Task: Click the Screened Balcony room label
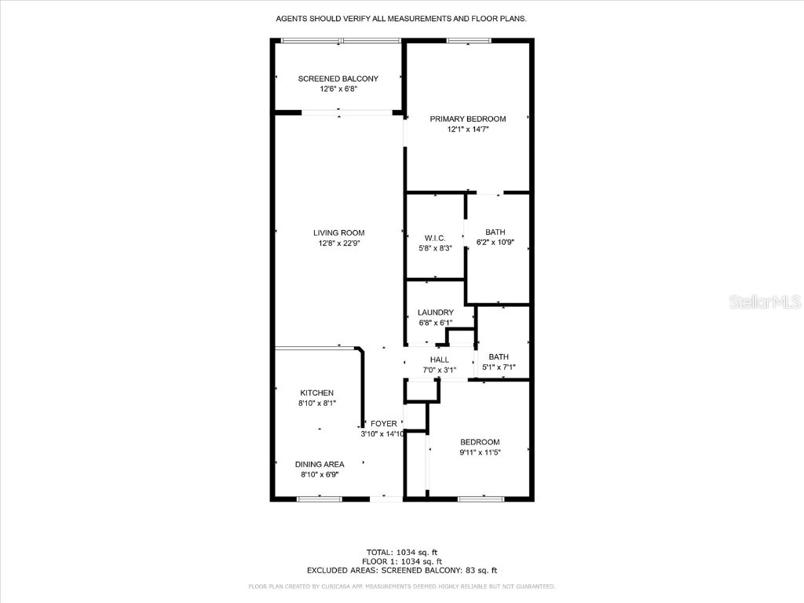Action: (338, 79)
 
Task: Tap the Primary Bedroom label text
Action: (468, 119)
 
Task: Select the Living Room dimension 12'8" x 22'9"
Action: (338, 243)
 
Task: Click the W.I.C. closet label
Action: (435, 238)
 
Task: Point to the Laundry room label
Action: (435, 312)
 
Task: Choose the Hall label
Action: (439, 360)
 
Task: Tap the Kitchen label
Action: (316, 393)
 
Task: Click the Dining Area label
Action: (320, 464)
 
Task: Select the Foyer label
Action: (384, 424)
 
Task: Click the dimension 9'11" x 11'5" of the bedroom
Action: (479, 452)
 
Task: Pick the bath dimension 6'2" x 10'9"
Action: (495, 243)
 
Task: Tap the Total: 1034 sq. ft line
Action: (402, 551)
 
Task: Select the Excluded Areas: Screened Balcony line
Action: (402, 571)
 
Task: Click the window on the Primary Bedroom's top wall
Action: (469, 41)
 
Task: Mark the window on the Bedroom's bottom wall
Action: (481, 498)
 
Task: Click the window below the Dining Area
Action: (320, 498)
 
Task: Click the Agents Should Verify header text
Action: (402, 18)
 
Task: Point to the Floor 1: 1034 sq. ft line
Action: (402, 561)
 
